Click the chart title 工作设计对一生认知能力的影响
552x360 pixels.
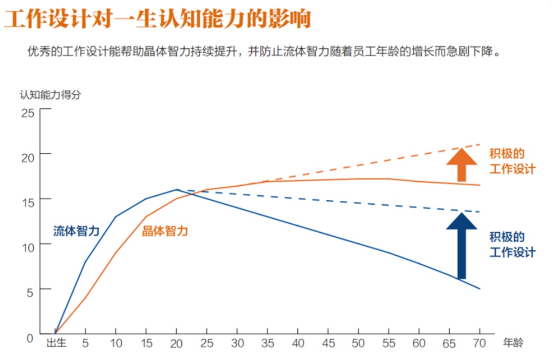pyautogui.click(x=158, y=20)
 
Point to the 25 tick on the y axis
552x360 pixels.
pyautogui.click(x=27, y=113)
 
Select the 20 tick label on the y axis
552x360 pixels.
pyautogui.click(x=27, y=157)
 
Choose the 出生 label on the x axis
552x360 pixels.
pyautogui.click(x=56, y=343)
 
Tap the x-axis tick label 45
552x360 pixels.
pyautogui.click(x=328, y=343)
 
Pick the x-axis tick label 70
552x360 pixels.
pyautogui.click(x=480, y=343)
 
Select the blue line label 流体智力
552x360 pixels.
pyautogui.click(x=76, y=231)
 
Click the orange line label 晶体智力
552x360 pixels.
pyautogui.click(x=165, y=231)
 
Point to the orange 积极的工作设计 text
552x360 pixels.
pyautogui.click(x=512, y=161)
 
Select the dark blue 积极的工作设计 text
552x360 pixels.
pyautogui.click(x=512, y=244)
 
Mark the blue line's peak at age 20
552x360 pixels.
pyautogui.click(x=177, y=189)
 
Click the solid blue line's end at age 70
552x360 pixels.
pyautogui.click(x=480, y=289)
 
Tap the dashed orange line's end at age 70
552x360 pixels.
pyautogui.click(x=480, y=144)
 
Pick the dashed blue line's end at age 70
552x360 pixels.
pyautogui.click(x=480, y=212)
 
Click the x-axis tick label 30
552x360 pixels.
pyautogui.click(x=237, y=343)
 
